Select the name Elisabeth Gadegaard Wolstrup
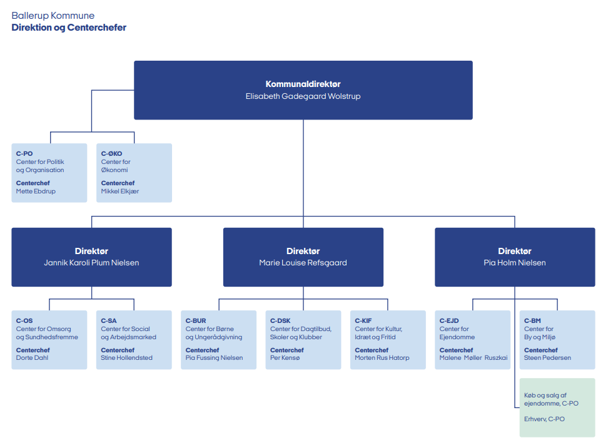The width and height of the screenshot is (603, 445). point(303,96)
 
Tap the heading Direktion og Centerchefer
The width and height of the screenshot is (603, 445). point(69,28)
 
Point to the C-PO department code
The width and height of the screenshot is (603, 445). point(24,153)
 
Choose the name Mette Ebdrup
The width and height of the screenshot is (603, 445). point(36,192)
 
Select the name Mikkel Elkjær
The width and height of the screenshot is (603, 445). point(120,192)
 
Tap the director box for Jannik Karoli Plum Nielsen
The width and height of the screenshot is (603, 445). point(91,257)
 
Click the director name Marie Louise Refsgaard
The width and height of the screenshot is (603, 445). point(303,263)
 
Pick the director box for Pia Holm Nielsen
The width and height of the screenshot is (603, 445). point(514,257)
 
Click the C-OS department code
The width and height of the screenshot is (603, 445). point(24,320)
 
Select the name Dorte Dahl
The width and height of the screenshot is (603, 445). point(32,358)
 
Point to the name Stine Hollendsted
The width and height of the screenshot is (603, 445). point(126,358)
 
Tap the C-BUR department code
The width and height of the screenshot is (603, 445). point(196,320)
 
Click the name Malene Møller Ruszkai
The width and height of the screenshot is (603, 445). point(474,358)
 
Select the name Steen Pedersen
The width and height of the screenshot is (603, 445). point(547,358)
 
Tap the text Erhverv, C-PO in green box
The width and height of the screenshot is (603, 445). point(544,419)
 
